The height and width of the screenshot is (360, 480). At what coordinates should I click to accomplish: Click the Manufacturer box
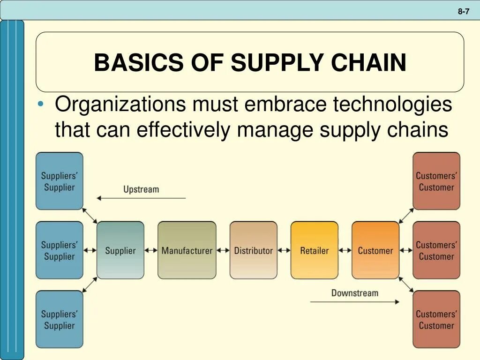pos(187,250)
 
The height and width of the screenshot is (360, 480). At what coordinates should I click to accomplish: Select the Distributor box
pos(253,250)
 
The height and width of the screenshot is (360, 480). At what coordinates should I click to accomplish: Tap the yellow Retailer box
pos(314,250)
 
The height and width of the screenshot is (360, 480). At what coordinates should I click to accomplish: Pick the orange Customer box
pos(375,250)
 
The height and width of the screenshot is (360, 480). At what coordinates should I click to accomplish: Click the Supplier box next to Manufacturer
pos(120,250)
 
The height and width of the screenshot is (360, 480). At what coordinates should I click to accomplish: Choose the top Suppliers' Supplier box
pos(59,181)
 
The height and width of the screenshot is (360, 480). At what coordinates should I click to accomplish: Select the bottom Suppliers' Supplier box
pos(59,319)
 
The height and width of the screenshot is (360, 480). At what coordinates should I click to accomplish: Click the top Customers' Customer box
pos(436,181)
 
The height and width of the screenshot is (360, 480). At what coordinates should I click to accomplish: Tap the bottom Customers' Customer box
pos(436,319)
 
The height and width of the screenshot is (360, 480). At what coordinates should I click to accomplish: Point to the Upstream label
pos(141,189)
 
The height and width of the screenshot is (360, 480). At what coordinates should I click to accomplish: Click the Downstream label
pos(354,293)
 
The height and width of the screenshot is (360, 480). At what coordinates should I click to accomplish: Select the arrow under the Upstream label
pos(141,198)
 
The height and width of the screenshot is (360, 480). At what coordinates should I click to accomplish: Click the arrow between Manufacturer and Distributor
pos(223,250)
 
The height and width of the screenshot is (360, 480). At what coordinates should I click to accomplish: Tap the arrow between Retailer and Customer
pos(345,250)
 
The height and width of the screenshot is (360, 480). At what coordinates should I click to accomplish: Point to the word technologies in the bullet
pos(392,104)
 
